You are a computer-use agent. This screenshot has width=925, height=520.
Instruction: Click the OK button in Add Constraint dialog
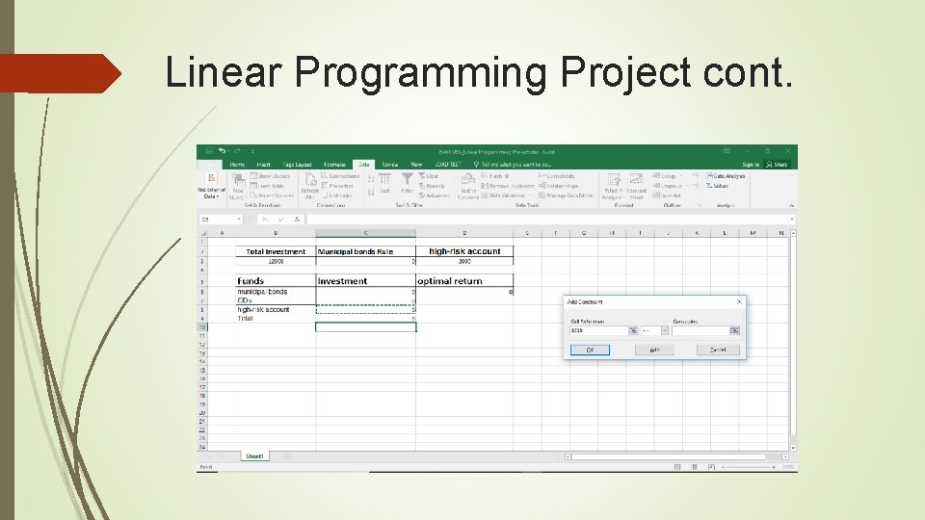click(x=590, y=350)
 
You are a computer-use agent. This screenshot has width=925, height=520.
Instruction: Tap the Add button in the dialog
click(x=654, y=350)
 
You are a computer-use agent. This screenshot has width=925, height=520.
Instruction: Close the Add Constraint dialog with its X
click(x=739, y=301)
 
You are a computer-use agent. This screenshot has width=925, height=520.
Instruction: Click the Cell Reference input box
click(x=598, y=330)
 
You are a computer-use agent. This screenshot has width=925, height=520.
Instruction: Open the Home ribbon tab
click(x=237, y=165)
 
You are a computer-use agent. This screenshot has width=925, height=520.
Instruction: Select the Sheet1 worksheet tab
click(x=254, y=456)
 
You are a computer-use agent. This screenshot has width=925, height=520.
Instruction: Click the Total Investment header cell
click(x=276, y=251)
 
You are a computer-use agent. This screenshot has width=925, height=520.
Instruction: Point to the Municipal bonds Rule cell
click(x=356, y=251)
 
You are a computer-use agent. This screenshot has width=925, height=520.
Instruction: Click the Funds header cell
click(x=251, y=281)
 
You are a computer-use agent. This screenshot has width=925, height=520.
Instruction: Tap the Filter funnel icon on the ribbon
click(x=408, y=180)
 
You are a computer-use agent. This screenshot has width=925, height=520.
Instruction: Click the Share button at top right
click(x=779, y=165)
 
